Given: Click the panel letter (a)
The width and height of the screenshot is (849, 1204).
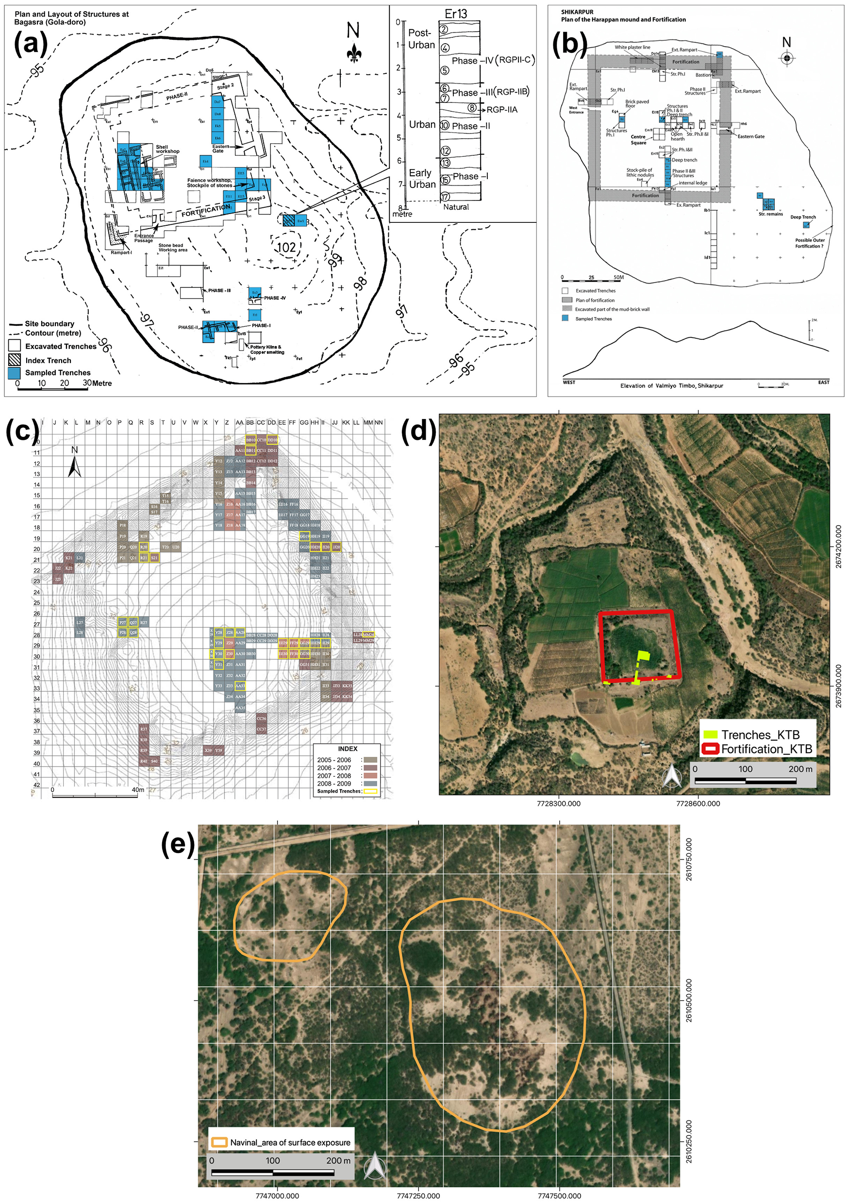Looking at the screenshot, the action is (x=31, y=44).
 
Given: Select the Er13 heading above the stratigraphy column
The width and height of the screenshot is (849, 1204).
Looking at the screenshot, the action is (x=455, y=14).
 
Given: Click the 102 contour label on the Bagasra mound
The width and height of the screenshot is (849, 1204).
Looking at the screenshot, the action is (x=286, y=247).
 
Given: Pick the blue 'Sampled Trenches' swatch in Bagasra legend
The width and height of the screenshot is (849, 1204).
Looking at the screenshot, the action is (x=14, y=373).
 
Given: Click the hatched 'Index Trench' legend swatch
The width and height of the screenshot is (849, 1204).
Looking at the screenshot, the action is (x=14, y=360).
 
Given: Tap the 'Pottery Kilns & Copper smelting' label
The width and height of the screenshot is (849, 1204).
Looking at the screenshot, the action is (x=266, y=350).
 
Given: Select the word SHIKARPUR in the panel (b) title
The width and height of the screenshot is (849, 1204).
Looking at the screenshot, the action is (x=577, y=12).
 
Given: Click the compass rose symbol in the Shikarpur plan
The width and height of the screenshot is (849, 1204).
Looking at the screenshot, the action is (x=786, y=58).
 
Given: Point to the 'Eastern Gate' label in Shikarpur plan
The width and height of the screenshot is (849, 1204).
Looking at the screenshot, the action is (x=751, y=136).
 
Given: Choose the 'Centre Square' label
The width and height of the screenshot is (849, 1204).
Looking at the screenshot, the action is (x=638, y=139).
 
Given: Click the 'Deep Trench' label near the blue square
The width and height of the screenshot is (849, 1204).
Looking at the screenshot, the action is (x=803, y=217).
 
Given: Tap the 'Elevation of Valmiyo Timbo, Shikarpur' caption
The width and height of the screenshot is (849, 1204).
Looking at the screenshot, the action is (x=671, y=386).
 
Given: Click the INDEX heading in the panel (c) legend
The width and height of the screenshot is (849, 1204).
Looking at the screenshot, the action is (x=347, y=749).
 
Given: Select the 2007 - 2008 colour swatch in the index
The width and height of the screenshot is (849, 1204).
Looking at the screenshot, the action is (x=370, y=776).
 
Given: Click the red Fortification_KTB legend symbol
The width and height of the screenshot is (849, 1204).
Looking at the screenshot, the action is (x=710, y=749).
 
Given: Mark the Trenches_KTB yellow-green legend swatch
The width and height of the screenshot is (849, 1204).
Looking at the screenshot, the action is (x=710, y=735).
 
